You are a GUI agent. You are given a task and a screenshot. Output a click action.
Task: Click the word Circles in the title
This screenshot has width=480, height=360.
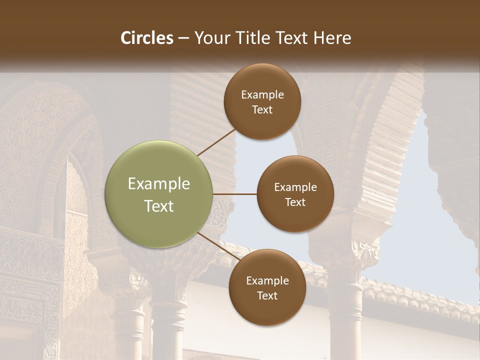(x=146, y=38)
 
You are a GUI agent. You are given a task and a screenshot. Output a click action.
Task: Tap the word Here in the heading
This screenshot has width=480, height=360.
(x=332, y=38)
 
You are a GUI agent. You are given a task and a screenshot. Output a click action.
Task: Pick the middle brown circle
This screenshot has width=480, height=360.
(x=295, y=220)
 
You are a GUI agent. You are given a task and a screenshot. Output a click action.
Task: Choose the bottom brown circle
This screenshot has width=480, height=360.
(x=267, y=310)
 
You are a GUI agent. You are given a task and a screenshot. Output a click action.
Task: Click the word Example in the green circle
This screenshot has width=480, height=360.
(x=159, y=184)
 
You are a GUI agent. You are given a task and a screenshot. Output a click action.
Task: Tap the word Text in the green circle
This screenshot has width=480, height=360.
(x=159, y=206)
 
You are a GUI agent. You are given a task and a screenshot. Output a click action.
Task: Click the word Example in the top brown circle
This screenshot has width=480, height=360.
(x=262, y=95)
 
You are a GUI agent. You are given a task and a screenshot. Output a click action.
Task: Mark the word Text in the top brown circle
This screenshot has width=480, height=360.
(x=262, y=109)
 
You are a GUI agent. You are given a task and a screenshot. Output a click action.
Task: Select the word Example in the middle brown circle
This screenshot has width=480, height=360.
(x=295, y=187)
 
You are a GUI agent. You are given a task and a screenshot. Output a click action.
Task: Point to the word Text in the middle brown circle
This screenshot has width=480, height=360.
(x=295, y=202)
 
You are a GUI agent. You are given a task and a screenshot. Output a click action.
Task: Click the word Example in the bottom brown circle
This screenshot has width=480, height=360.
(x=267, y=281)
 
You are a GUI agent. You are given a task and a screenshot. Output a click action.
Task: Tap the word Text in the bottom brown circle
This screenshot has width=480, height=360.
(x=267, y=295)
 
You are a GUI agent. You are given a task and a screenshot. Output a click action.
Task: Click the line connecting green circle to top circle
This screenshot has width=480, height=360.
(x=216, y=142)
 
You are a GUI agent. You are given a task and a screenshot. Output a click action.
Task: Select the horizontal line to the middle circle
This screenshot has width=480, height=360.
(x=235, y=194)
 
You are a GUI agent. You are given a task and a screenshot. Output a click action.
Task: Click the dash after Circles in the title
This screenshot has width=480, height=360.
(x=183, y=38)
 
